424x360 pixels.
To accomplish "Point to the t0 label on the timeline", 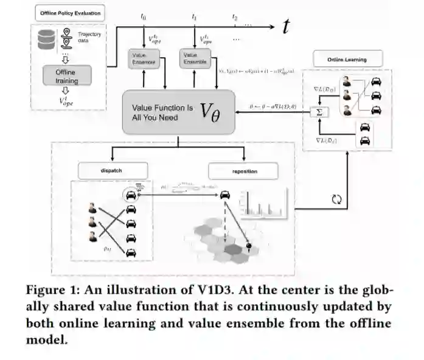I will (x=144, y=17).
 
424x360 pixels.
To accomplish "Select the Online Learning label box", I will (x=347, y=59).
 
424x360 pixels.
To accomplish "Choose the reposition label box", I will (x=243, y=171).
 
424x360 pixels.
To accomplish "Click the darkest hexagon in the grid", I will (x=233, y=249).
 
